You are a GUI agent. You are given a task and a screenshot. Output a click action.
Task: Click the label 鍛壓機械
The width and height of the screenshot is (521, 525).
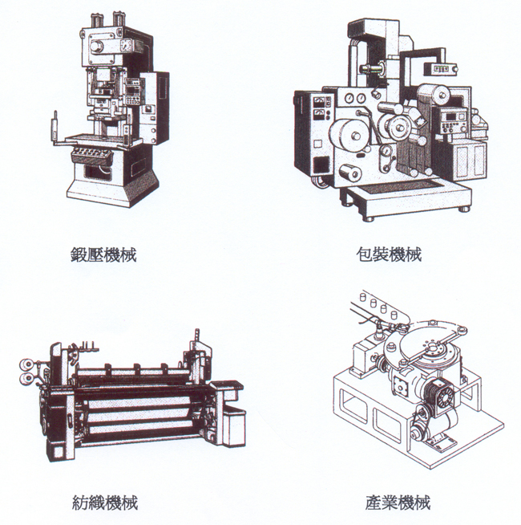103,254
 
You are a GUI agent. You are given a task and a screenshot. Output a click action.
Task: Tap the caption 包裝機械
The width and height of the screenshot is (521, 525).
389,254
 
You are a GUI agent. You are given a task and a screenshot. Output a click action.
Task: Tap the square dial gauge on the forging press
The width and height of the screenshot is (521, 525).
125,44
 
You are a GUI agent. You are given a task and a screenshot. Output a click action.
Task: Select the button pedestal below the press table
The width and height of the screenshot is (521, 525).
92,155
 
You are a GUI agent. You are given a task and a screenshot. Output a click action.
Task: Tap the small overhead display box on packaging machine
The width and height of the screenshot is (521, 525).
440,69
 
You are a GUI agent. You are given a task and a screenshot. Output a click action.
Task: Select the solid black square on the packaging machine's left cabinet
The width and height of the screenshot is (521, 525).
321,165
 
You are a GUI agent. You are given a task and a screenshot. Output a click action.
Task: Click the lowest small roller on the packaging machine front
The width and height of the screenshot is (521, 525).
351,173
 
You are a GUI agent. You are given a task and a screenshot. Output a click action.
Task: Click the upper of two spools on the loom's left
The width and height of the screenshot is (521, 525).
26,364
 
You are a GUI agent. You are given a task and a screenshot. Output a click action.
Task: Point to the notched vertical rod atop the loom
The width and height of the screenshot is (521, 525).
196,336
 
